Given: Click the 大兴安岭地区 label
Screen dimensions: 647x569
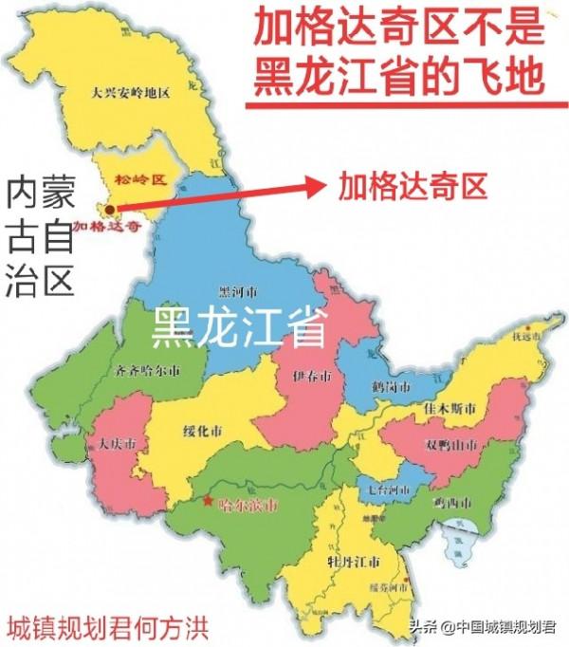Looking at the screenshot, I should click(130, 93).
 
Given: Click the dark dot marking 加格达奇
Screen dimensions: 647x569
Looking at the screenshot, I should click(111, 209).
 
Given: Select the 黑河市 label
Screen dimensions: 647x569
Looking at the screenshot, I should click(238, 292).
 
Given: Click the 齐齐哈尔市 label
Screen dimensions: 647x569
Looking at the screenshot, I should click(145, 370).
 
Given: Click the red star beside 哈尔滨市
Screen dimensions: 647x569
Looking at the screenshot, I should click(208, 502).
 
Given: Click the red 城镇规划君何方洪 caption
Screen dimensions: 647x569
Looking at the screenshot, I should click(107, 625).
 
